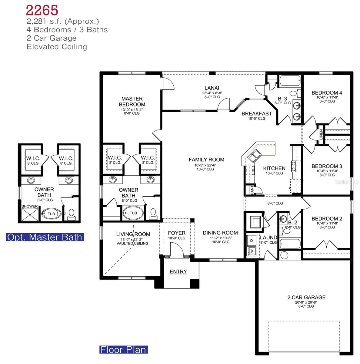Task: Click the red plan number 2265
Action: (x=42, y=10)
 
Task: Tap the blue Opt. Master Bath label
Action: (x=45, y=237)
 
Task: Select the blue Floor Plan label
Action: (x=123, y=349)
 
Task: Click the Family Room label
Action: (x=206, y=160)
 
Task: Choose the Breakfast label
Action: (x=257, y=113)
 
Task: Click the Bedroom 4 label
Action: (x=327, y=93)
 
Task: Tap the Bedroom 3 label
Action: (x=327, y=166)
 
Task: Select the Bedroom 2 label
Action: (x=327, y=219)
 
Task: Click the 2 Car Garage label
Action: (x=306, y=298)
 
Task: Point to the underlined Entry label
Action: (x=178, y=272)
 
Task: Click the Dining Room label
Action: (x=220, y=233)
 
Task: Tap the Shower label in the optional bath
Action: (x=30, y=207)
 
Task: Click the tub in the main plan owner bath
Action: (x=133, y=213)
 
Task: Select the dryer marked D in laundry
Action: (x=252, y=240)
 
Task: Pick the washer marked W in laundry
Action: (x=252, y=251)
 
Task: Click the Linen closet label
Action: (x=321, y=134)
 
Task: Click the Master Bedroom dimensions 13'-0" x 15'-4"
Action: (x=132, y=110)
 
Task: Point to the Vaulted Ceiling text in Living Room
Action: (x=132, y=243)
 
